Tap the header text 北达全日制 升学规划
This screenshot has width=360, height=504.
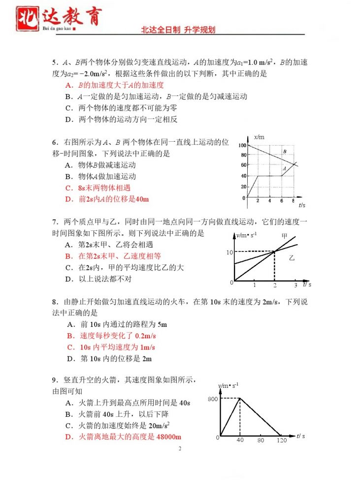178,30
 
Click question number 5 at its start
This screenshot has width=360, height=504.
54,63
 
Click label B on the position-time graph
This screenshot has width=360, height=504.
284,151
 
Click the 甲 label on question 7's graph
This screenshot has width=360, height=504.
284,236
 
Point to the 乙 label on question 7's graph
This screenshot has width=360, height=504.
292,257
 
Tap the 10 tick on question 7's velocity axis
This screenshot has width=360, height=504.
229,252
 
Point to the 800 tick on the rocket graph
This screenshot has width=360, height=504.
212,399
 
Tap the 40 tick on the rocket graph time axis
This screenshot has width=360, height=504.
240,440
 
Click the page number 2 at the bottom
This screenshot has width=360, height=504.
180,449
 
